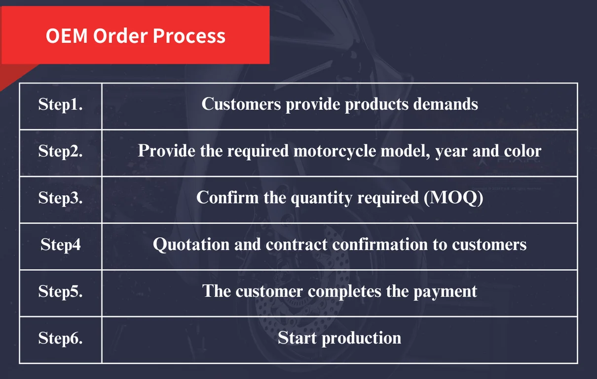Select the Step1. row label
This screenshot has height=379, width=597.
60,104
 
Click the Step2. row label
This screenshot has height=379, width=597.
60,151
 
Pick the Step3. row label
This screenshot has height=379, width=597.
60,197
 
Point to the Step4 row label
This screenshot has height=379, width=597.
60,244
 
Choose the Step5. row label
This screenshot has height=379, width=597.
60,291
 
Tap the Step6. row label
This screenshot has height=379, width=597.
60,338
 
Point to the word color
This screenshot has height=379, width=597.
522,151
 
